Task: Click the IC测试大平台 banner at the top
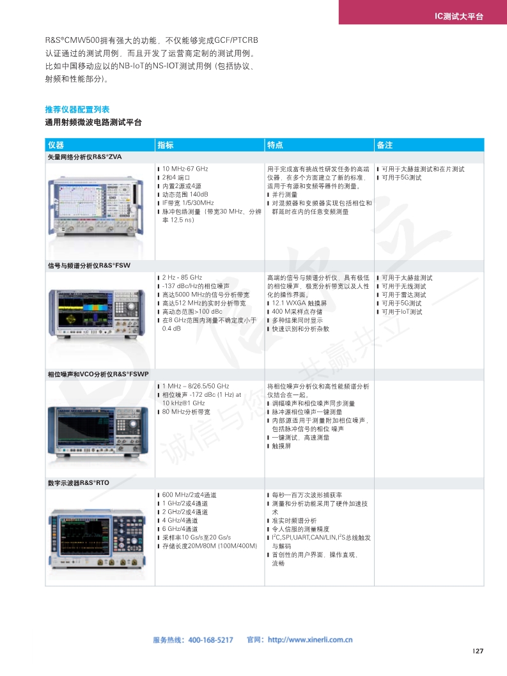point(458,17)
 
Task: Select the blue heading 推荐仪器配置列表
point(77,109)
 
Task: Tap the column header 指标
point(165,145)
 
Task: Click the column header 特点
point(275,145)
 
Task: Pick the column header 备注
point(384,145)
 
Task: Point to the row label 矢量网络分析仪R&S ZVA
point(84,157)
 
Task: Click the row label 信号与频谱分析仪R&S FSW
point(89,266)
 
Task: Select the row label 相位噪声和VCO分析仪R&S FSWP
point(98,374)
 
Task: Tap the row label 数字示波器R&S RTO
point(78,483)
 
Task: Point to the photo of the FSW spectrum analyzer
point(97,314)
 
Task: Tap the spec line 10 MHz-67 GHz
point(185,169)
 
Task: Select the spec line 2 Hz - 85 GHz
point(182,278)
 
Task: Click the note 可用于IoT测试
point(402,312)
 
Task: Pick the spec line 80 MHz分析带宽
point(186,411)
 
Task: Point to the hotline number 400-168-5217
point(210,640)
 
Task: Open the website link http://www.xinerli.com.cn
point(310,640)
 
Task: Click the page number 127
point(478,651)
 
